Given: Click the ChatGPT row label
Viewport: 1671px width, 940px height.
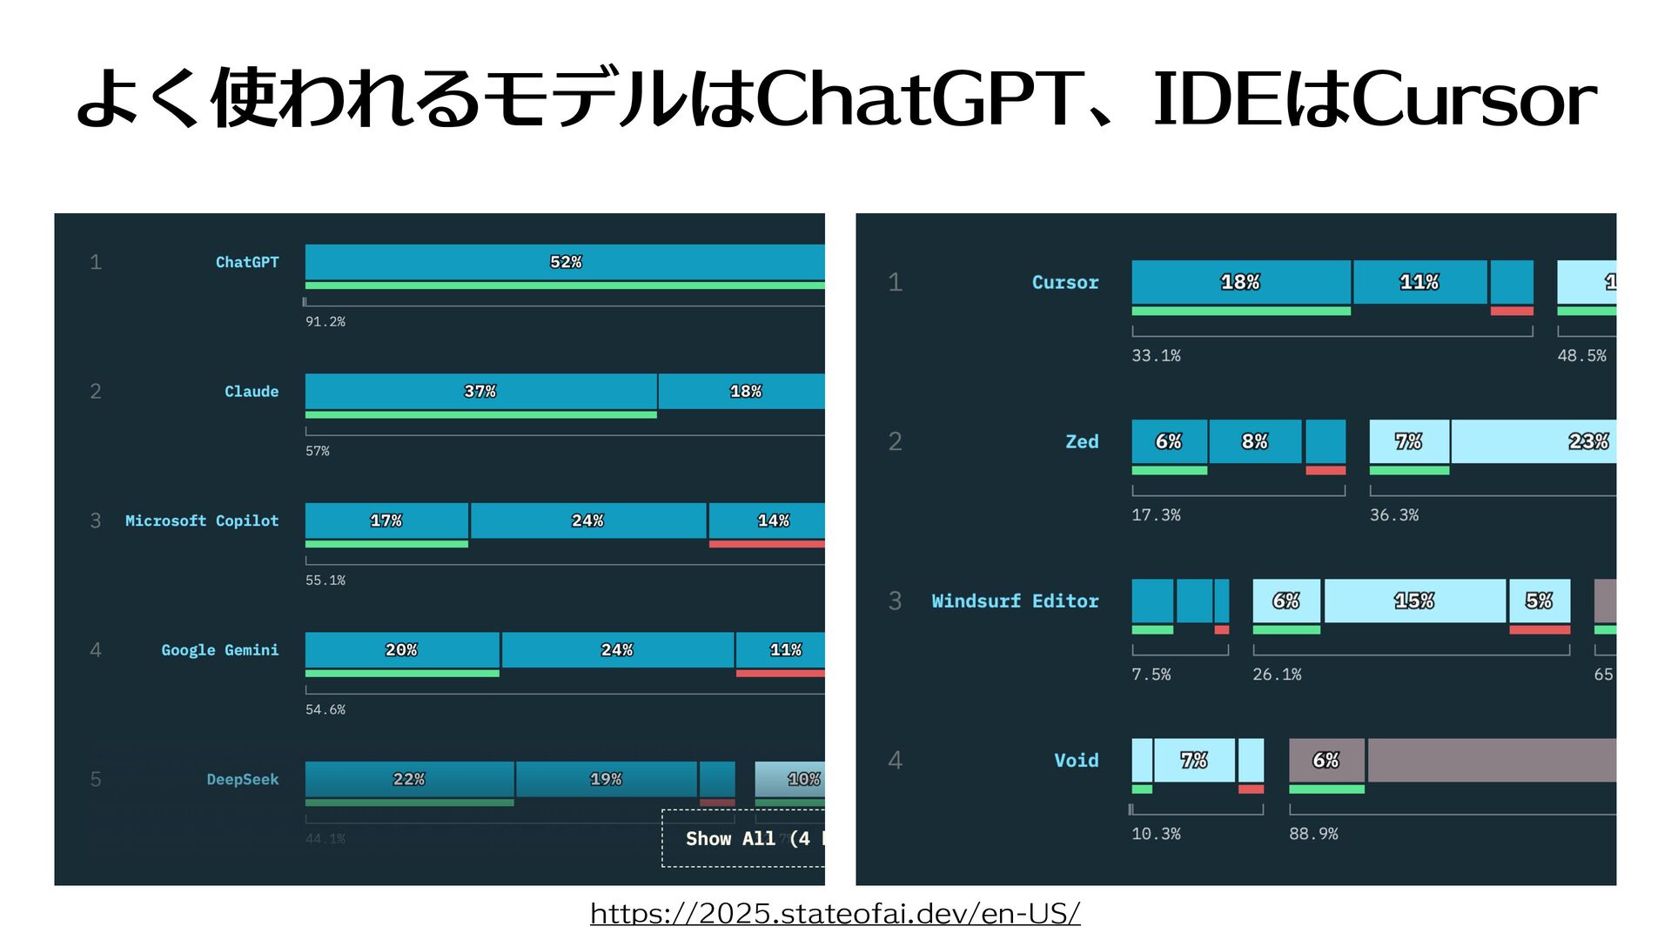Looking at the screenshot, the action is (247, 262).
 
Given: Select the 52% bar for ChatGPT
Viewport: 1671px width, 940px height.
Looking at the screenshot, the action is (565, 262).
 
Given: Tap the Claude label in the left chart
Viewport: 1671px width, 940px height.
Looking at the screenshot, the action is (252, 392).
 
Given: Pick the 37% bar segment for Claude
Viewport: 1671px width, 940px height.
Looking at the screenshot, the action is (480, 392).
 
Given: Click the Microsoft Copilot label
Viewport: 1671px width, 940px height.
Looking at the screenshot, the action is (202, 520).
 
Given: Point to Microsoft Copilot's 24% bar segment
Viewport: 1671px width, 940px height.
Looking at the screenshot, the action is (587, 520).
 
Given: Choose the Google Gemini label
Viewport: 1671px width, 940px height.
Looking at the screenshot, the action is (219, 650).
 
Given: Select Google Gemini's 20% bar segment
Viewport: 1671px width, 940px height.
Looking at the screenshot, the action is (401, 650).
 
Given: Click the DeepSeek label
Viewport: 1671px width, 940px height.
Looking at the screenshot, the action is (242, 779).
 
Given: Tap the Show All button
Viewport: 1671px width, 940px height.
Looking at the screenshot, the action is (743, 838).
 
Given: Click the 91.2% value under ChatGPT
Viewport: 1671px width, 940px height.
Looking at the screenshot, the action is (325, 322).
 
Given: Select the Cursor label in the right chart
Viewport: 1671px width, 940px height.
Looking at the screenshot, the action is (1065, 282).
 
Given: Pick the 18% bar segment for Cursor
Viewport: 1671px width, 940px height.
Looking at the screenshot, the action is (1240, 282).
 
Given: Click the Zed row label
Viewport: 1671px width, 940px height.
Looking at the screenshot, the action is (1082, 441).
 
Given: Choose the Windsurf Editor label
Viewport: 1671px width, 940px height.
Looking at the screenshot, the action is (1015, 601).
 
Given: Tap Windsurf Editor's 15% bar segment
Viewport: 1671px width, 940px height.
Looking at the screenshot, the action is (1414, 601).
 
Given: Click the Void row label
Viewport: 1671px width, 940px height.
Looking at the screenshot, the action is (1077, 760).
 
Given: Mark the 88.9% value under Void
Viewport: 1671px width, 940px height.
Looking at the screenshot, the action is (1313, 834).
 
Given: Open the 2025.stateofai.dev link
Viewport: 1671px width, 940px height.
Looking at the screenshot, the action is (835, 913).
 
